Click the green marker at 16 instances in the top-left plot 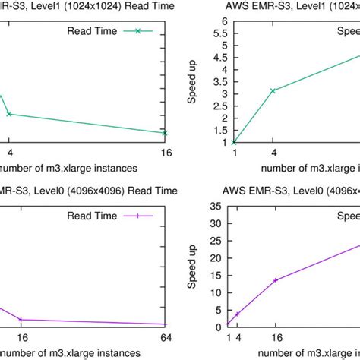165,132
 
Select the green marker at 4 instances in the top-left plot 9,114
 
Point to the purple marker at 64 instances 165,324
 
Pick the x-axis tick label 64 165,338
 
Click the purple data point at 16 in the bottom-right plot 275,279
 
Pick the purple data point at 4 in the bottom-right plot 237,314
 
